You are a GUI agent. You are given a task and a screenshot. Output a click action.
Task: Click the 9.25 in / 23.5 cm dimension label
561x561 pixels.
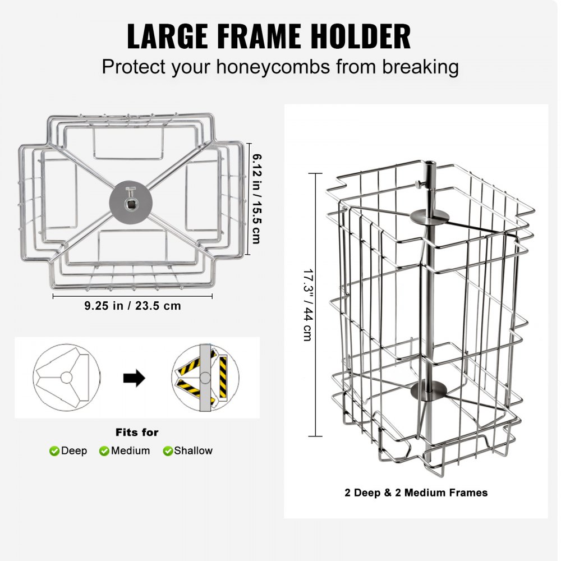coord(132,306)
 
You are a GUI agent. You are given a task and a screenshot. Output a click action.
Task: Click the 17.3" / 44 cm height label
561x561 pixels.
coord(307,304)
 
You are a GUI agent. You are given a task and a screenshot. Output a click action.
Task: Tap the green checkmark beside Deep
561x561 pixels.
coord(54,451)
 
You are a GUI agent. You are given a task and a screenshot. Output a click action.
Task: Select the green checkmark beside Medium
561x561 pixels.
coord(104,451)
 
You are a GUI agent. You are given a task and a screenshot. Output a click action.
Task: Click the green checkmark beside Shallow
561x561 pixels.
coord(168,451)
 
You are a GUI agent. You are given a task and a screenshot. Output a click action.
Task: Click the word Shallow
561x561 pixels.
coord(193,450)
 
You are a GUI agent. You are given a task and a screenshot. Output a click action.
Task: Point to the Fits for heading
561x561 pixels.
coord(137,433)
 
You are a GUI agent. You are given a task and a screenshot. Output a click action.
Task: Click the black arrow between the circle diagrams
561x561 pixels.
coord(134,378)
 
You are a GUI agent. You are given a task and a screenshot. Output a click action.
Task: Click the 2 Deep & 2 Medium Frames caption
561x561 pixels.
coord(416,493)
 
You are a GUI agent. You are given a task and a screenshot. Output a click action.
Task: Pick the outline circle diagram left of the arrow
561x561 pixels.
coord(67,376)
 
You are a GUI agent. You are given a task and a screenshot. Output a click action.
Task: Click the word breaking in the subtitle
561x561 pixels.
coord(421,67)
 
